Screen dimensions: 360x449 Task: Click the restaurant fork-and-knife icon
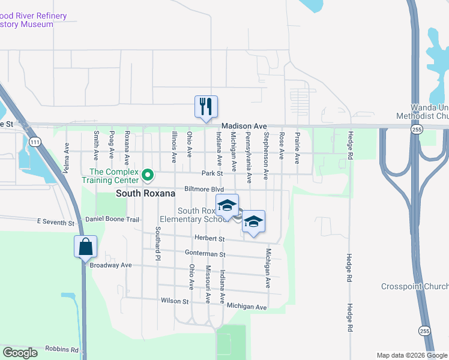click(206, 107)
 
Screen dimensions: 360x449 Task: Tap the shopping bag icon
click(85, 246)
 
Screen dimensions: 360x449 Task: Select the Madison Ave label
click(243, 126)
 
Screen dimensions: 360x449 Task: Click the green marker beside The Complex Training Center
click(145, 175)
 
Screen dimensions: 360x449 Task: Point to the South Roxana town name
click(145, 194)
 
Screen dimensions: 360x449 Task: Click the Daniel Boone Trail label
click(112, 220)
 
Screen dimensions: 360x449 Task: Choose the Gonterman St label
click(205, 254)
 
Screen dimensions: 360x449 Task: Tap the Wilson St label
click(175, 301)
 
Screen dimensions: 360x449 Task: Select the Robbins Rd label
click(62, 349)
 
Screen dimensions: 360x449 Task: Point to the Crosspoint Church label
click(415, 286)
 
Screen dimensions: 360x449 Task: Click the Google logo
click(20, 353)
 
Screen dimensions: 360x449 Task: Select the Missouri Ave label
click(208, 281)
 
